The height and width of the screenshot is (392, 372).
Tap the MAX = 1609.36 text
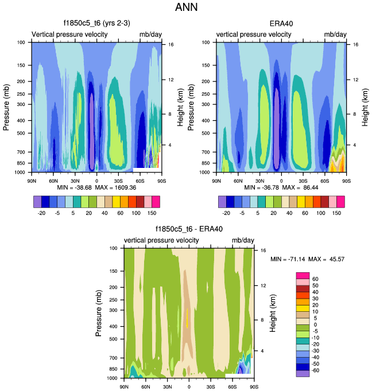click(x=117, y=187)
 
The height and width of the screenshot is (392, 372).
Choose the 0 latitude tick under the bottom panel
click(x=189, y=387)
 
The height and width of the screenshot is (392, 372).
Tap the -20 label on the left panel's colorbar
click(x=41, y=212)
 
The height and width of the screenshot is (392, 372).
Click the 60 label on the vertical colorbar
click(x=315, y=279)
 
